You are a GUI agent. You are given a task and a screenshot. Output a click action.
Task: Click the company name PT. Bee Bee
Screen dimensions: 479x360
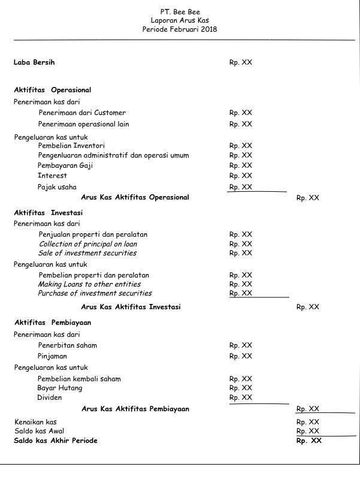180,11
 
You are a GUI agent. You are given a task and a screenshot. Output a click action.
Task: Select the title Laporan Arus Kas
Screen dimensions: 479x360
180,20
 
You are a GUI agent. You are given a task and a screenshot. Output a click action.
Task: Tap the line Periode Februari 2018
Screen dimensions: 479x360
180,29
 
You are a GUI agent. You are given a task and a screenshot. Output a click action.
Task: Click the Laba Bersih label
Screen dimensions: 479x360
34,62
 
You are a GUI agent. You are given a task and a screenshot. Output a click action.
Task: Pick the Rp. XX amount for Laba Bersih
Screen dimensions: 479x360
240,62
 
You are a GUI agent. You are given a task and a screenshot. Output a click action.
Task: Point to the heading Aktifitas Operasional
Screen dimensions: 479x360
53,90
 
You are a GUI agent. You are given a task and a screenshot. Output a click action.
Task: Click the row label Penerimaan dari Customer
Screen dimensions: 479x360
82,113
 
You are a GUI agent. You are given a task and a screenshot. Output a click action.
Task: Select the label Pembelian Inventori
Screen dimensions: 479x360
71,145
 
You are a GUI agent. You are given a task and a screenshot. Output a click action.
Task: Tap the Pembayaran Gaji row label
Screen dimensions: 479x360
65,165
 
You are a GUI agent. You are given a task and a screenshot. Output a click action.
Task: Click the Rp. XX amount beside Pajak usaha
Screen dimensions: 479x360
240,187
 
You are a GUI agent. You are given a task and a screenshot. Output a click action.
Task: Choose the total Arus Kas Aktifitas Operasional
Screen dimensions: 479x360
135,197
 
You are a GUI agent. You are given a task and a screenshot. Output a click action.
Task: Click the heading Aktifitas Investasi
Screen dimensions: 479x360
49,213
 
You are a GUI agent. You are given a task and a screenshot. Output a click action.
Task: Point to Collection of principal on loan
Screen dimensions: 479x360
88,244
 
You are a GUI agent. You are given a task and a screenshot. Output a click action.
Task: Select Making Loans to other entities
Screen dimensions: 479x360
89,284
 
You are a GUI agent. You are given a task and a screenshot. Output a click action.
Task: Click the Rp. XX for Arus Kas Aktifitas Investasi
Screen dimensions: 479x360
307,307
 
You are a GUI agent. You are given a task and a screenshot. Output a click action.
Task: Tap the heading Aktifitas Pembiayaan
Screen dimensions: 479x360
53,323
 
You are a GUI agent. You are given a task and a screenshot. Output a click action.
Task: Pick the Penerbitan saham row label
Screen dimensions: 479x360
67,345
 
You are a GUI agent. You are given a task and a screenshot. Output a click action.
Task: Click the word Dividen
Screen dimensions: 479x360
50,397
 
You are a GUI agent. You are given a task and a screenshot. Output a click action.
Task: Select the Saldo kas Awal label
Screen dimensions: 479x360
39,431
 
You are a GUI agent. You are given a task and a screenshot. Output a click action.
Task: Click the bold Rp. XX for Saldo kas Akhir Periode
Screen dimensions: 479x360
308,441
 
